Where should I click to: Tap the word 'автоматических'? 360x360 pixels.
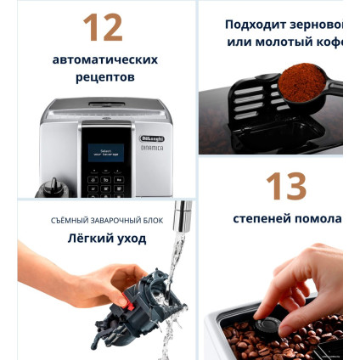105,60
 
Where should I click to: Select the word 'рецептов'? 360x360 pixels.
105,77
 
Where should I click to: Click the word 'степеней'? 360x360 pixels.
262,218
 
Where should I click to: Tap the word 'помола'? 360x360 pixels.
318,218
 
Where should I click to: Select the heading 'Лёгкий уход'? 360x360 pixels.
107,239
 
